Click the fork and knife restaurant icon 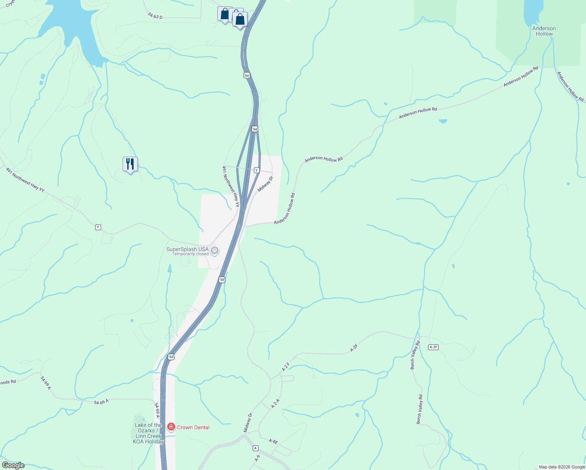pyautogui.click(x=130, y=164)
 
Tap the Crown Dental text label pyautogui.click(x=193, y=427)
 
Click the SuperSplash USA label pyautogui.click(x=187, y=249)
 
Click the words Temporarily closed pyautogui.click(x=190, y=254)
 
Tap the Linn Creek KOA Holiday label pyautogui.click(x=148, y=434)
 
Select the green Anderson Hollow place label pyautogui.click(x=544, y=31)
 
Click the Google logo pyautogui.click(x=13, y=465)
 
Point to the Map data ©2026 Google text pyautogui.click(x=562, y=467)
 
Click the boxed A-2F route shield pyautogui.click(x=433, y=347)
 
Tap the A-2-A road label pyautogui.click(x=276, y=404)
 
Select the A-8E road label pyautogui.click(x=273, y=441)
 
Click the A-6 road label pyautogui.click(x=257, y=458)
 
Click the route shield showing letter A pyautogui.click(x=256, y=448)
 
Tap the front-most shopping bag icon pyautogui.click(x=240, y=19)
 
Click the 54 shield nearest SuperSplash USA pyautogui.click(x=222, y=280)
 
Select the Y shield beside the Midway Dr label pyautogui.click(x=257, y=170)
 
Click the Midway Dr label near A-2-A pyautogui.click(x=248, y=423)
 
